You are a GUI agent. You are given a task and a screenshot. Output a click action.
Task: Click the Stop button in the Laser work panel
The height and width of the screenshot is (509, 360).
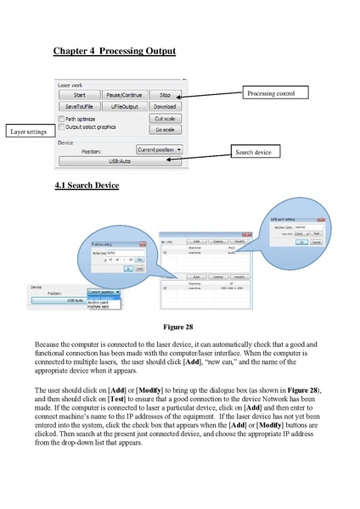click(x=165, y=95)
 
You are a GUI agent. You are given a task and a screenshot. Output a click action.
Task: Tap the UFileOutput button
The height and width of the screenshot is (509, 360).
click(x=125, y=108)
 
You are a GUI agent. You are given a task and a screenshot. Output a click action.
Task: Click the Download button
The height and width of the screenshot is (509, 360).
click(x=165, y=108)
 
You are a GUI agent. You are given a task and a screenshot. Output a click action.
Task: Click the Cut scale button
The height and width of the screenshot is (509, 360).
click(x=165, y=120)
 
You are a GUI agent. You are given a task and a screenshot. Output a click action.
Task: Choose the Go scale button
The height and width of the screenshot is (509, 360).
click(x=165, y=130)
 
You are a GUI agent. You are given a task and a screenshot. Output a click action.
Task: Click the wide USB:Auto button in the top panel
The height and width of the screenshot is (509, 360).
click(x=119, y=160)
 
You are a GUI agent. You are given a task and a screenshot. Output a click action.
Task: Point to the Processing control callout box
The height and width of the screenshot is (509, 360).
click(x=271, y=92)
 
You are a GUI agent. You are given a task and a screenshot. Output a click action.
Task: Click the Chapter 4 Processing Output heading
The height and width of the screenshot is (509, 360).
click(x=114, y=52)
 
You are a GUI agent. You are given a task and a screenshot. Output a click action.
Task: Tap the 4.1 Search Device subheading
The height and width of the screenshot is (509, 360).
click(x=86, y=186)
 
